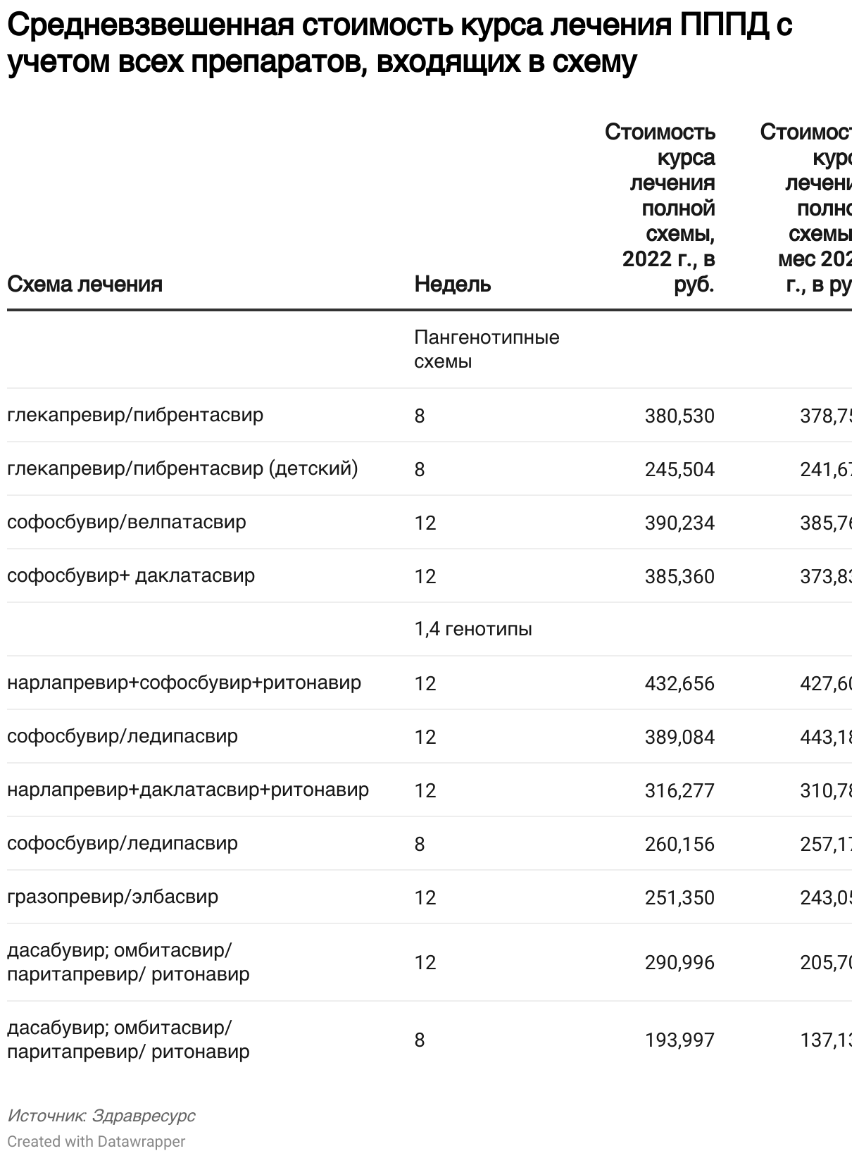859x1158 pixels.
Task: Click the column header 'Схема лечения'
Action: (x=84, y=284)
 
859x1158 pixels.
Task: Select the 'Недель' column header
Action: (x=452, y=284)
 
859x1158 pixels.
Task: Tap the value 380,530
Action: (x=679, y=416)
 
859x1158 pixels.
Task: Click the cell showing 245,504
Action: (x=679, y=469)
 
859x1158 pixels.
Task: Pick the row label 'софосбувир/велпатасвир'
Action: (x=127, y=522)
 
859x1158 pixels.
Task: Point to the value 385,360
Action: (x=679, y=576)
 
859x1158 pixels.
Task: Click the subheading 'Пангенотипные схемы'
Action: (x=486, y=349)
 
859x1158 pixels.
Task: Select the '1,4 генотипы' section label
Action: (x=473, y=628)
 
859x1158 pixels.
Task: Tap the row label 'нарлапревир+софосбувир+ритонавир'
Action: (x=184, y=683)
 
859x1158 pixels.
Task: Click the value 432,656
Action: (x=679, y=683)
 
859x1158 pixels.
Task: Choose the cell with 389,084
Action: (x=679, y=737)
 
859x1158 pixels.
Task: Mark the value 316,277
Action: (x=679, y=790)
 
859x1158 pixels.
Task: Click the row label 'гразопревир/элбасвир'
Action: (x=113, y=897)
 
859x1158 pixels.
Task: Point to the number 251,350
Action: (x=679, y=897)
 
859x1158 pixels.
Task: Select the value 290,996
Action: (x=679, y=962)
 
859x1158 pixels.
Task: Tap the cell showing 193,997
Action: (x=679, y=1040)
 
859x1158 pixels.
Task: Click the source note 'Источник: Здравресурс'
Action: (x=101, y=1116)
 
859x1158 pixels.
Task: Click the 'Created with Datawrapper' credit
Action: (x=96, y=1141)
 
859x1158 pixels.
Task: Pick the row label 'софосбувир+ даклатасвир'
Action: (x=131, y=575)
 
